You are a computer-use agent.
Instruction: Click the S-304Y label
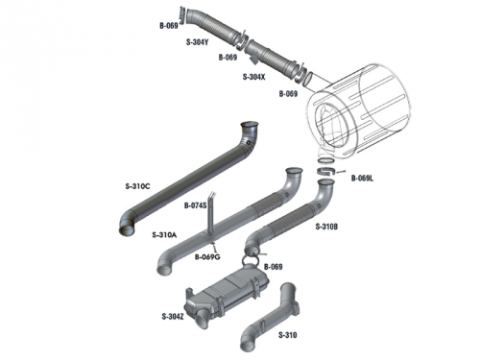click(x=197, y=42)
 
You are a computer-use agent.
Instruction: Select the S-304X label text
click(x=254, y=77)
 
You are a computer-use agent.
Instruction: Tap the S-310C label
click(x=137, y=186)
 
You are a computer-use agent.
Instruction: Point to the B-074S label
click(x=195, y=205)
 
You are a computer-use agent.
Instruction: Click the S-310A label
click(x=164, y=235)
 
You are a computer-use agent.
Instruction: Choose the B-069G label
click(x=207, y=256)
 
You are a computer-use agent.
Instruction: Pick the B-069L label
click(x=362, y=179)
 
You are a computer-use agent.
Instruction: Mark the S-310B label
click(x=326, y=227)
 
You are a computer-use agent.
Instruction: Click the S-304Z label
click(x=173, y=317)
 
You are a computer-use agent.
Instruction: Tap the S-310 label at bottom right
click(x=288, y=335)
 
